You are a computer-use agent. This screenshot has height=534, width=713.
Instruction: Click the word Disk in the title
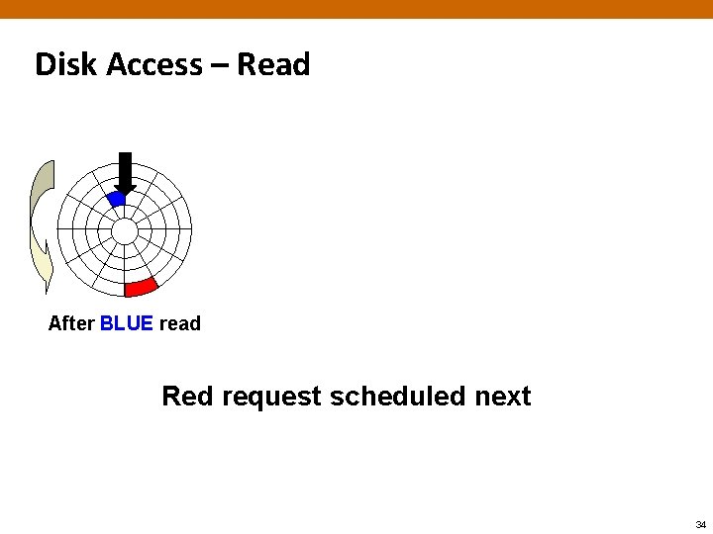[66, 64]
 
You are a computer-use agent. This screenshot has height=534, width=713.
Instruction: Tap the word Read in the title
[273, 64]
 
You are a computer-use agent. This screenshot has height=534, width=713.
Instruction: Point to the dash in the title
[220, 66]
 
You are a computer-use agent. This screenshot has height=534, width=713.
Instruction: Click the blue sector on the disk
[117, 199]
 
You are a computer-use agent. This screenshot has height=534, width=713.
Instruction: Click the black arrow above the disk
[125, 171]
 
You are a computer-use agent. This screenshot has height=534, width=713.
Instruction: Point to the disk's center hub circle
[125, 231]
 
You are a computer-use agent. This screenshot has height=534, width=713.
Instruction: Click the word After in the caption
[71, 323]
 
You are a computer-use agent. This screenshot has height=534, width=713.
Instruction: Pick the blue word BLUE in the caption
[127, 323]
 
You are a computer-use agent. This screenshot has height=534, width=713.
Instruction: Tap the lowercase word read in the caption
[179, 323]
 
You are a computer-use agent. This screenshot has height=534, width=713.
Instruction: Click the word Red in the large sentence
[187, 397]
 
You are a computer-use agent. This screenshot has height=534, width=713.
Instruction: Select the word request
[272, 398]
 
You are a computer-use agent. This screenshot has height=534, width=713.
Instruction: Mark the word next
[503, 398]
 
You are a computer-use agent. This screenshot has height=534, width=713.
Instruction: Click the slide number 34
[700, 524]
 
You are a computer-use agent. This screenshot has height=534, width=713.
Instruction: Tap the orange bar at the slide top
[356, 9]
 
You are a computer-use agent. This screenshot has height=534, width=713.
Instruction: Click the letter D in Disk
[45, 64]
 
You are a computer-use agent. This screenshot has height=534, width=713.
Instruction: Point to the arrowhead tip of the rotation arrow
[45, 292]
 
